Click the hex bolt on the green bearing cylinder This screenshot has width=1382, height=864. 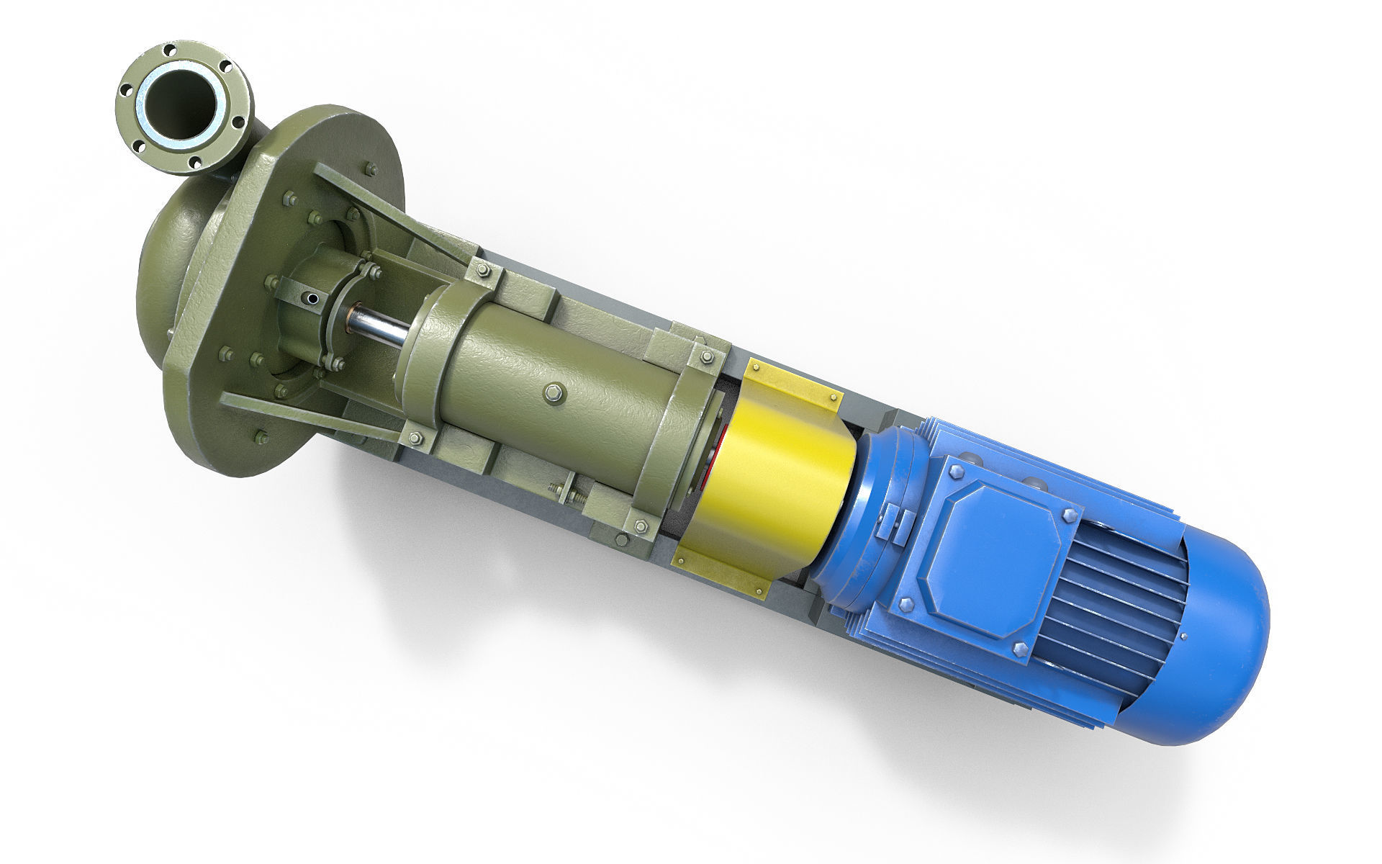pyautogui.click(x=554, y=392)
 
